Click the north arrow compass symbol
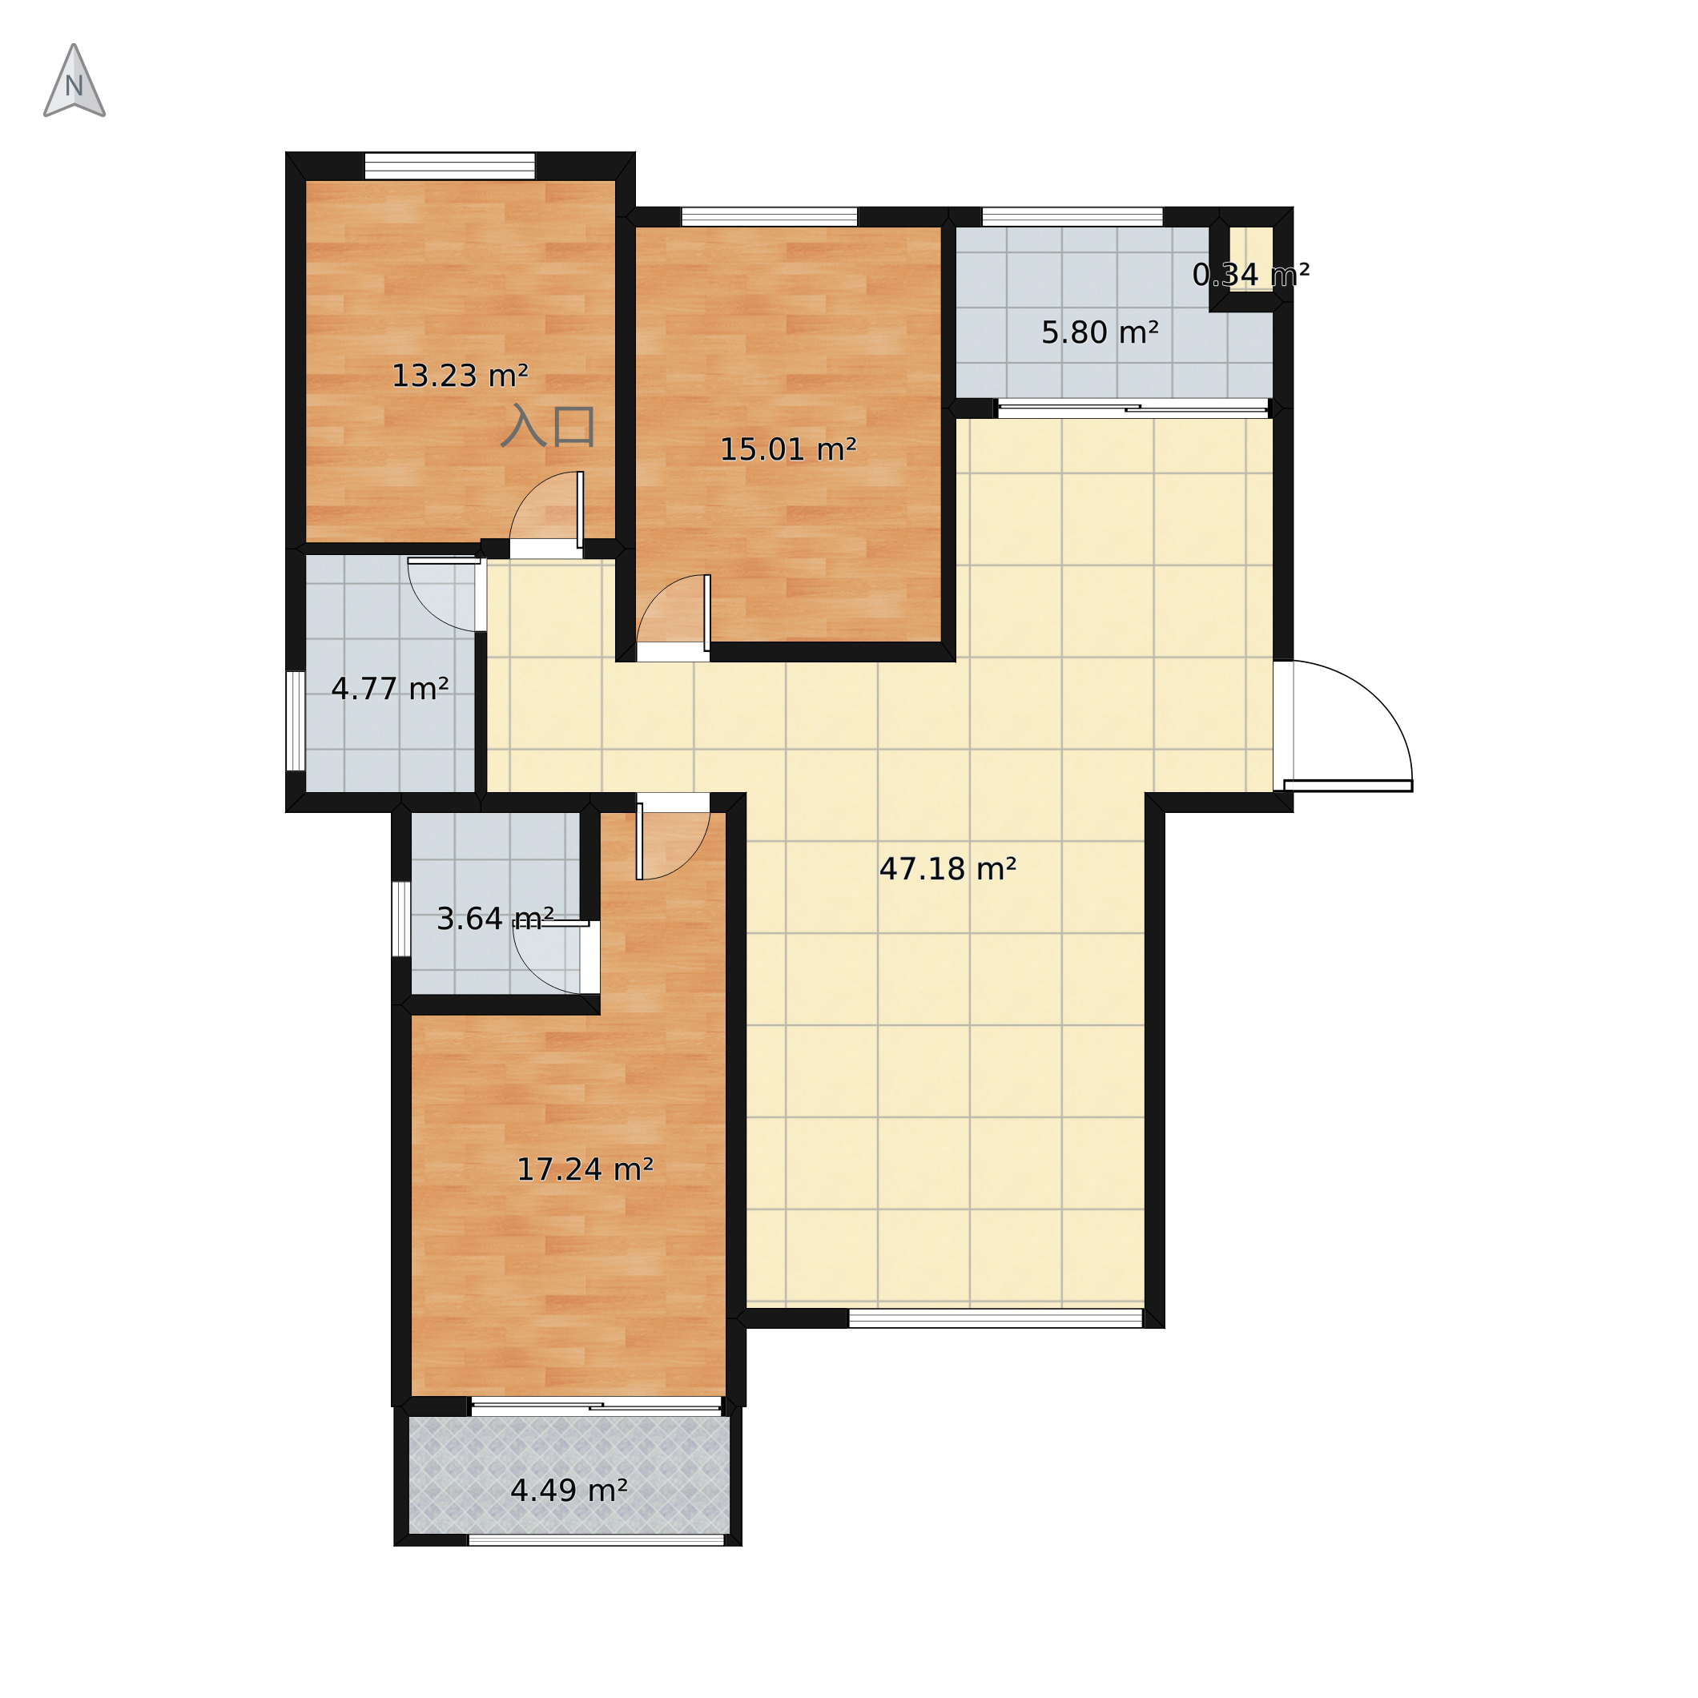74,81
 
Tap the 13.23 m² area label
460,376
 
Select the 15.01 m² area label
788,450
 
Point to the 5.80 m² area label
1100,333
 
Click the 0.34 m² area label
1250,275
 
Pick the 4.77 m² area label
390,689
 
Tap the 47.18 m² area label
948,869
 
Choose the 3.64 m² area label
495,919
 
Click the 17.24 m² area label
585,1170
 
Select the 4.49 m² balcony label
569,1491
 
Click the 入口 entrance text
549,426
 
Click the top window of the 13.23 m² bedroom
450,166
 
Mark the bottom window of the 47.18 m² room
996,1318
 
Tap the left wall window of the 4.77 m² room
296,722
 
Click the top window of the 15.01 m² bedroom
770,217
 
